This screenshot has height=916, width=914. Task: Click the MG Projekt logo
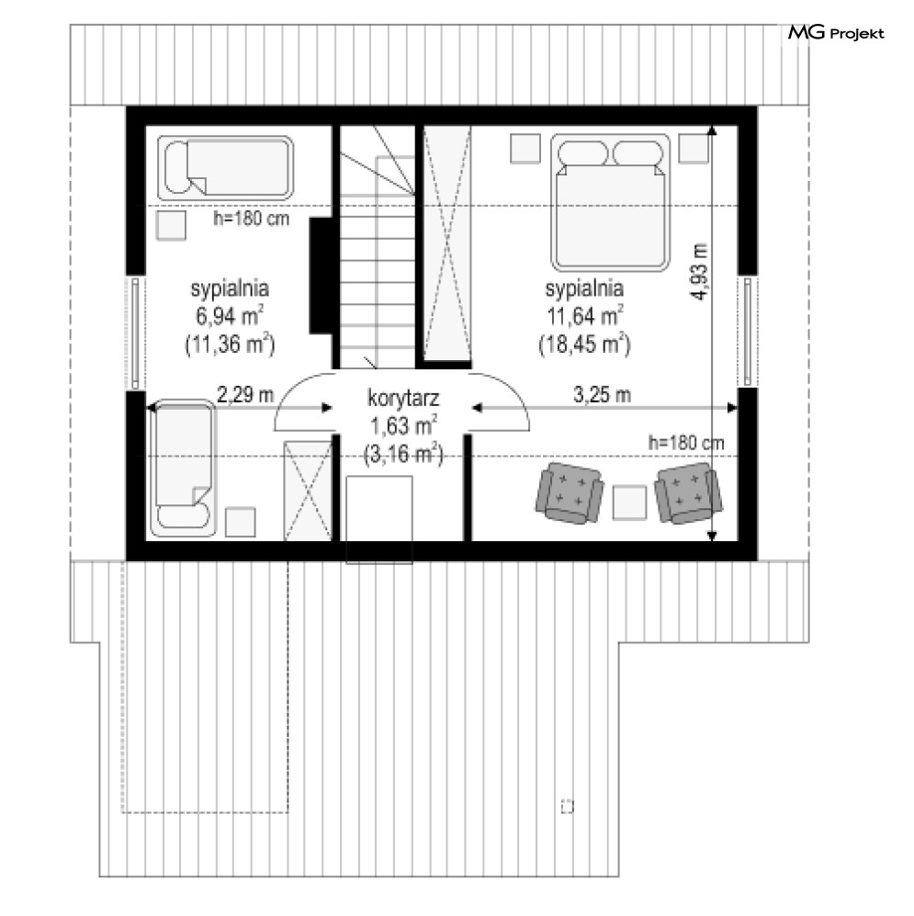836,33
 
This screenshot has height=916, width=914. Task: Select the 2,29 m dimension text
245,395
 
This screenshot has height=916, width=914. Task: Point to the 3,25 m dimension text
602,395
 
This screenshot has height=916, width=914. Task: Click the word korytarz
403,399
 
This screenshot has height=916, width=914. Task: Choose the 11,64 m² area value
584,315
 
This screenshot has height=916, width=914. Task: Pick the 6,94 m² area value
229,315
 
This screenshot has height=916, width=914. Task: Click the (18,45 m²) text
584,344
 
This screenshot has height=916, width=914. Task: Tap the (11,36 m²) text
230,344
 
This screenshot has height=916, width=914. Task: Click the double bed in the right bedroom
610,203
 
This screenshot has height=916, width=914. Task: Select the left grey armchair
569,492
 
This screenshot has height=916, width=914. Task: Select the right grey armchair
688,492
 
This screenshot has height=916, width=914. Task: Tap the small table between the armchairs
629,503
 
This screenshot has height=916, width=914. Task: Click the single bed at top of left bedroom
225,168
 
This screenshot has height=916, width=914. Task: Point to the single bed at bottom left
183,468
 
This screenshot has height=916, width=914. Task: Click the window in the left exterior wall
135,333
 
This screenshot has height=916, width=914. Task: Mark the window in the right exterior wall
748,332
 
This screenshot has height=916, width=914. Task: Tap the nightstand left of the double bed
525,149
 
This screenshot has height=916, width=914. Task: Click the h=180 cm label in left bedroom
251,219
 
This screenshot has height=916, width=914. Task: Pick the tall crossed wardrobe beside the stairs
446,244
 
